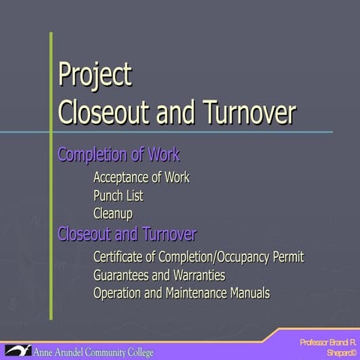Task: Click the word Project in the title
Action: pos(94,76)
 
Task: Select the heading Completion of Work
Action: pos(118,156)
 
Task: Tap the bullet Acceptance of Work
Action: pos(141,178)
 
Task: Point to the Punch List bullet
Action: pos(118,196)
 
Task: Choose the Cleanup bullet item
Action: pos(112,214)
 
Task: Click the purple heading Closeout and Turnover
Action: pos(127,234)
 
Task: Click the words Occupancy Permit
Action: pos(259,257)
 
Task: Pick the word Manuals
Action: pos(250,292)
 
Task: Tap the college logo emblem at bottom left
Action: pos(16,350)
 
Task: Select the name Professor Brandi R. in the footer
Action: pos(328,342)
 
